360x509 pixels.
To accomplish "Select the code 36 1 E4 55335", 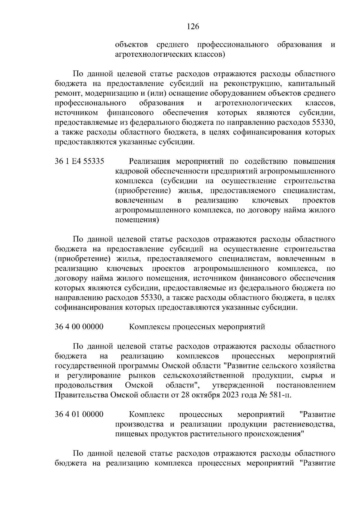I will (79, 161).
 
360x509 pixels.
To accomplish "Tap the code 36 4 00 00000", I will (79, 327).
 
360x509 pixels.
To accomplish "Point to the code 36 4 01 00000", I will (79, 415).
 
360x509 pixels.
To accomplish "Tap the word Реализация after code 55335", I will (151, 161).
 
